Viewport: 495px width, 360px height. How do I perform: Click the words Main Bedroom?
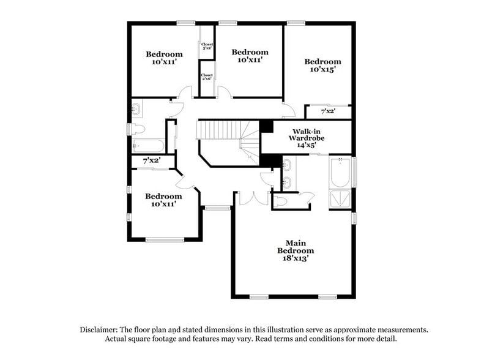[x=296, y=246]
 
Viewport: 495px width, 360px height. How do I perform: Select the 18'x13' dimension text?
[x=296, y=258]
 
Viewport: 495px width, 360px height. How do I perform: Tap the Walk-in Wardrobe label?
[x=307, y=135]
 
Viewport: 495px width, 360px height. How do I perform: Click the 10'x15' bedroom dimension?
[x=322, y=70]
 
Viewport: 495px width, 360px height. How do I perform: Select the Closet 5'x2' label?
[x=207, y=46]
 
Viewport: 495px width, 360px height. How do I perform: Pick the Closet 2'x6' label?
[x=207, y=78]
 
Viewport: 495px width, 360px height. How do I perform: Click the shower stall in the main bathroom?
[x=341, y=199]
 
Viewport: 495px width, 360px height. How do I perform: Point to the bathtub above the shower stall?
[x=340, y=173]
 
